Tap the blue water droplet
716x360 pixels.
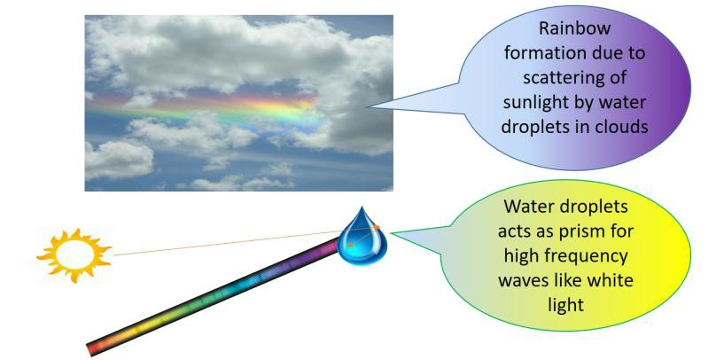pyautogui.click(x=361, y=234)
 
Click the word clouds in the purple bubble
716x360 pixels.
pyautogui.click(x=623, y=125)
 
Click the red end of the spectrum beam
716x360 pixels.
pyautogui.click(x=96, y=348)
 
